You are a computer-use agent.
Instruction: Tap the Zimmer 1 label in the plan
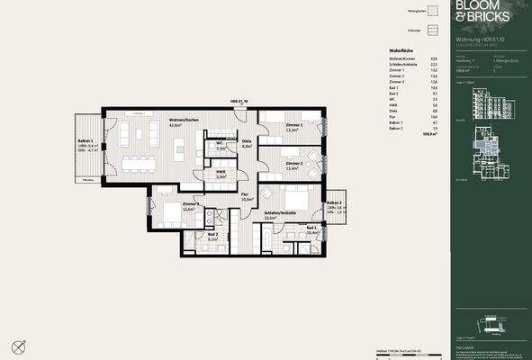(x=293, y=125)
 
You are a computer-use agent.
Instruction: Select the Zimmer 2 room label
(x=293, y=164)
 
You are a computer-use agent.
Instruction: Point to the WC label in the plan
(x=219, y=143)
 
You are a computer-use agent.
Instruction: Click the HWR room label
(x=220, y=174)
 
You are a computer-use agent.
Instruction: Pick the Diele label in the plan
(x=247, y=143)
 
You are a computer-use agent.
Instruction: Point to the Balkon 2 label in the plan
(x=332, y=203)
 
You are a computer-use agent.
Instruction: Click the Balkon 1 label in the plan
(x=86, y=143)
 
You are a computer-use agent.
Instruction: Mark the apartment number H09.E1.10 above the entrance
(x=239, y=102)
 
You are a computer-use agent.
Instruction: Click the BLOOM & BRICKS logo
(x=477, y=12)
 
